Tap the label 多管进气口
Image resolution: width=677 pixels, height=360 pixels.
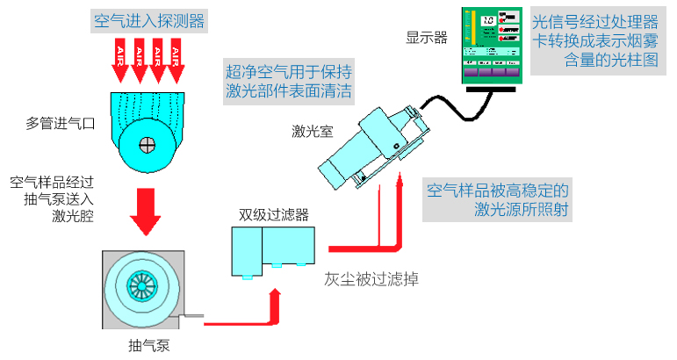pos(58,122)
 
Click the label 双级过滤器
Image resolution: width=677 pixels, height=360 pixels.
pos(273,214)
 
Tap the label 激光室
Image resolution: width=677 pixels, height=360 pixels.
pos(312,133)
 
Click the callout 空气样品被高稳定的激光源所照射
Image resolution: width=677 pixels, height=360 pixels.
pos(498,199)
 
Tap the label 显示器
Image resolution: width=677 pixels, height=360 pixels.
pos(427,38)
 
